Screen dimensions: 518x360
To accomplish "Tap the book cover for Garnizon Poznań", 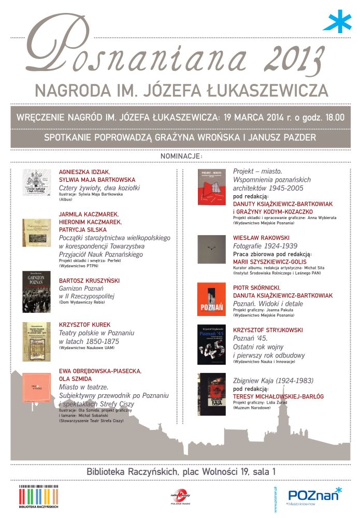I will point(36,288).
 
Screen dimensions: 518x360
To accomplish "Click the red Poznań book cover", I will point(212,299).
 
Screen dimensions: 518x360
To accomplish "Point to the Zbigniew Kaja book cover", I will point(212,393).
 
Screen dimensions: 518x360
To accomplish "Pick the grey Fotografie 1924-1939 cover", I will point(212,250).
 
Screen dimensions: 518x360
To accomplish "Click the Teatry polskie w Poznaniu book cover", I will point(36,342).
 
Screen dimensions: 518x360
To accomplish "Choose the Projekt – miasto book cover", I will point(212,187).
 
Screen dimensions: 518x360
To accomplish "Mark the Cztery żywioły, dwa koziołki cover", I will point(36,183).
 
